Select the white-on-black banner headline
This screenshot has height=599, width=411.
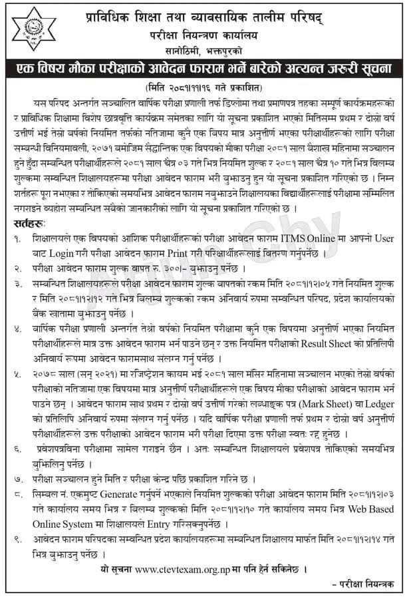(205, 69)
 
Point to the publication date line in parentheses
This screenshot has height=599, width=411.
(205, 87)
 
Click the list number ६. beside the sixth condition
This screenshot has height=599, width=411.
(20, 450)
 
